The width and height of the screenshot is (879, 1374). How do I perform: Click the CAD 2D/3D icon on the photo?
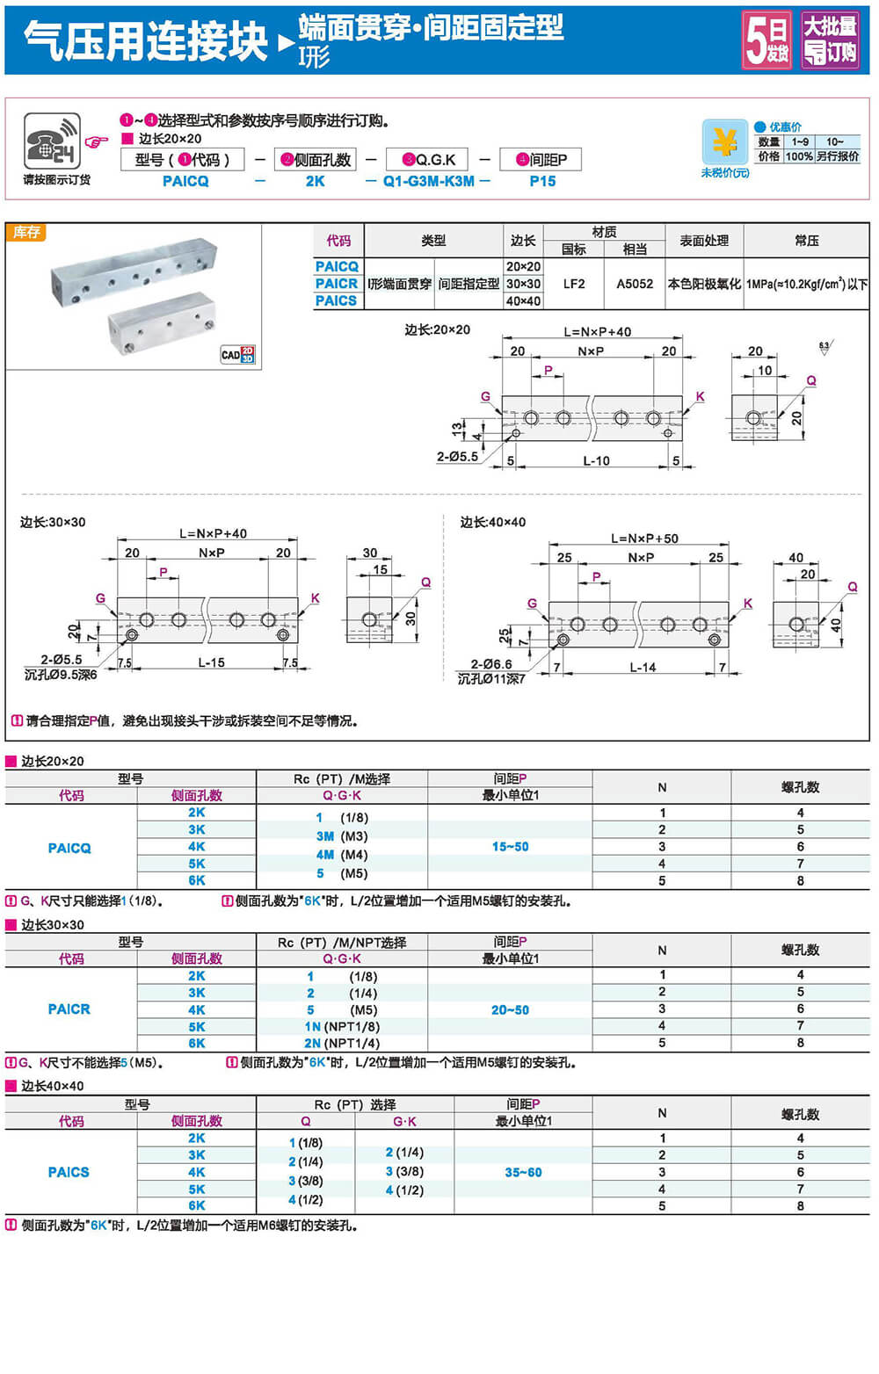(237, 354)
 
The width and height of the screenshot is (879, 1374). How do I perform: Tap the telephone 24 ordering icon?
(52, 141)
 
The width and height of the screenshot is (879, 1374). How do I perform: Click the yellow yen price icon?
(724, 142)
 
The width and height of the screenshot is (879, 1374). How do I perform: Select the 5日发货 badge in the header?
(767, 40)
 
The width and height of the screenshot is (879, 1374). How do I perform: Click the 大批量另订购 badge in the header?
(830, 40)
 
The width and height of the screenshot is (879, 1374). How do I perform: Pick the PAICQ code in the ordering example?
(185, 181)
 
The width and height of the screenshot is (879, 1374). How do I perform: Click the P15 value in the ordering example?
(542, 181)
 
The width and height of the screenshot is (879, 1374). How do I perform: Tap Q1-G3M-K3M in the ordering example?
(428, 181)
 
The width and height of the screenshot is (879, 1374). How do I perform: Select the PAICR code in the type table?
(337, 284)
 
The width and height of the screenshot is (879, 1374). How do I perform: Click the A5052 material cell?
(635, 284)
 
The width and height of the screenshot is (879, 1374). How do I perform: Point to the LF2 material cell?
(574, 284)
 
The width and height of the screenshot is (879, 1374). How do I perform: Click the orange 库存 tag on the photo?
(26, 232)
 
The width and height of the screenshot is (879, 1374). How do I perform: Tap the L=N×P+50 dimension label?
(644, 539)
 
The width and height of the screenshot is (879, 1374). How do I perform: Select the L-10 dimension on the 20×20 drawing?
(596, 460)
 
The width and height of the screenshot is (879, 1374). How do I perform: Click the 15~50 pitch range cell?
(510, 847)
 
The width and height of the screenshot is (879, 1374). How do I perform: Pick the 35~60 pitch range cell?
(523, 1172)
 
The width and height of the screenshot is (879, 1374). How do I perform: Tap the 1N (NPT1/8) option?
(342, 1026)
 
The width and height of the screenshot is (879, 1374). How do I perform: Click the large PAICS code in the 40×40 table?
(69, 1172)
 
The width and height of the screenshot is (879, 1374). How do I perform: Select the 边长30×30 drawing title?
(53, 522)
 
